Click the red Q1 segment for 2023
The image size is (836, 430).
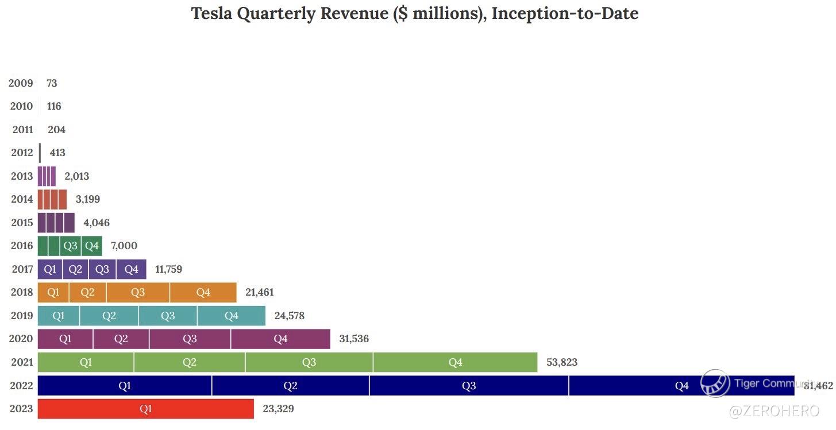point(145,409)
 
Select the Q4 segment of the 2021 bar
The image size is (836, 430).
point(455,362)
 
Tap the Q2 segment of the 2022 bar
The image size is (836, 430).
point(290,386)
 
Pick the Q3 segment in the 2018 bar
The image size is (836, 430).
point(138,292)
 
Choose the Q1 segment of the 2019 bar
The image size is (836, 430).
point(59,316)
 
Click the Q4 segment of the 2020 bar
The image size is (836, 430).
point(280,339)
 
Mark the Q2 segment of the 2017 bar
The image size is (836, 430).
point(75,269)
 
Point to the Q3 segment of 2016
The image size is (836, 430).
point(70,246)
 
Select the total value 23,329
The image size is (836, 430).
point(278,409)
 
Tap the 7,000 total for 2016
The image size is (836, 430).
point(124,246)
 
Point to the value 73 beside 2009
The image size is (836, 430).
point(52,83)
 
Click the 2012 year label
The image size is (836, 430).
point(21,153)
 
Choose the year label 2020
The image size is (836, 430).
point(21,339)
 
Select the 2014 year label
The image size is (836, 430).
point(21,199)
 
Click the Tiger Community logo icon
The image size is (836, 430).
point(715,383)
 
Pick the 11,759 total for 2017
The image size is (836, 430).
point(168,269)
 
